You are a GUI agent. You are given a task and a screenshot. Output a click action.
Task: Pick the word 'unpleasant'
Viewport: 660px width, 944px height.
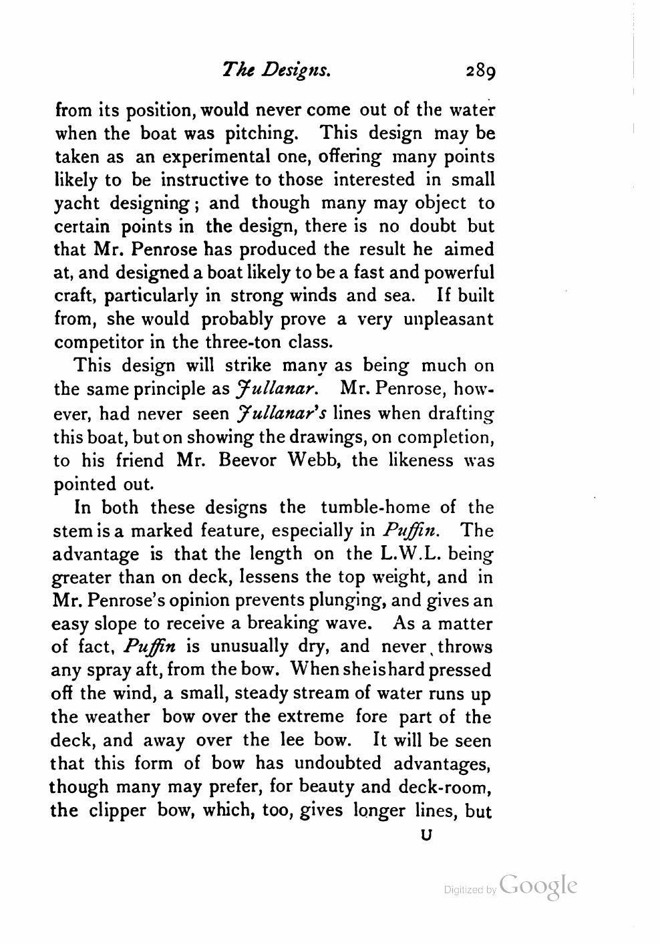tap(449, 319)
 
